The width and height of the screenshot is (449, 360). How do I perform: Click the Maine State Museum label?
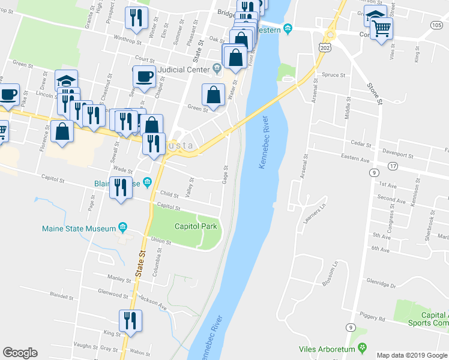[78, 229]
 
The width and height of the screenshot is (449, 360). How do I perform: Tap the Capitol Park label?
[195, 226]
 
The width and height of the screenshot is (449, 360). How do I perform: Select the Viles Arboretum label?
[326, 349]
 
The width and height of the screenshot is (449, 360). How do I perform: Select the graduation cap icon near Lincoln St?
[67, 81]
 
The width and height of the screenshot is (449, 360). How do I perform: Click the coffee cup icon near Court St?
[145, 77]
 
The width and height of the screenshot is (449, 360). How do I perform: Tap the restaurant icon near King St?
[130, 320]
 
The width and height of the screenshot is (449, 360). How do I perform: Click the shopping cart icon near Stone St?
[381, 28]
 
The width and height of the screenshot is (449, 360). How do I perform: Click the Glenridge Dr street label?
[397, 286]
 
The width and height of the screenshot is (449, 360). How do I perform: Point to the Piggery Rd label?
[373, 317]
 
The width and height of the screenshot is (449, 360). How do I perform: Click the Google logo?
[20, 352]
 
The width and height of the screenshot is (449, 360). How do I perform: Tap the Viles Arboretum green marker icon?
[362, 348]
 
